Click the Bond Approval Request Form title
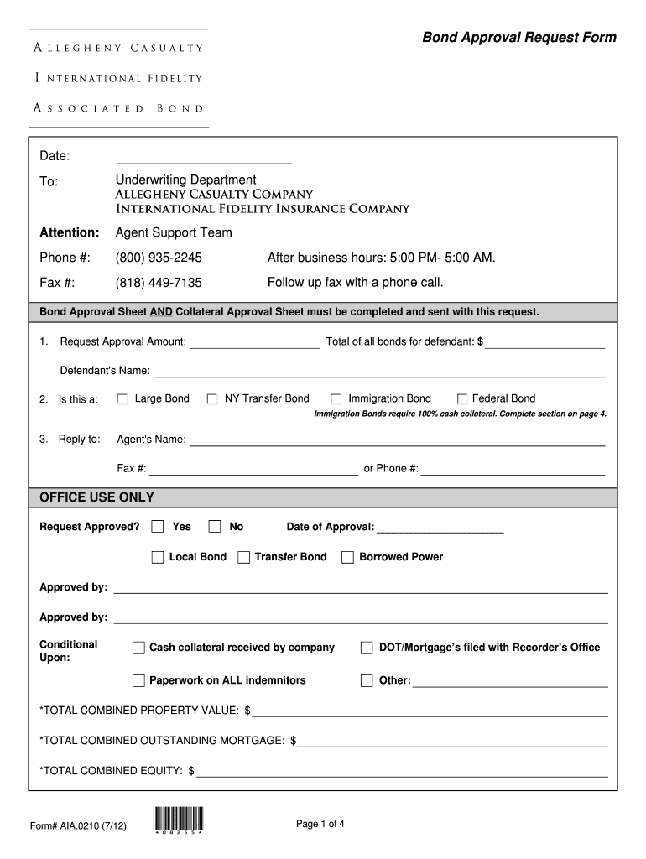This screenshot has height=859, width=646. (518, 38)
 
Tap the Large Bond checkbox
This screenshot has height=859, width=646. (122, 399)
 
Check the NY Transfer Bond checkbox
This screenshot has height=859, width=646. (212, 399)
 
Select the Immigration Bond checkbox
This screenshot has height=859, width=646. (336, 399)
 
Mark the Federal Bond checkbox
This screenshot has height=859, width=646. (462, 399)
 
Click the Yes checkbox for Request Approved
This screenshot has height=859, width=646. (158, 527)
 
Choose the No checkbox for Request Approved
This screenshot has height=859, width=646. (215, 527)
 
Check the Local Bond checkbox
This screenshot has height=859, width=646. (158, 557)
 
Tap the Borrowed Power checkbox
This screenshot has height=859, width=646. (347, 557)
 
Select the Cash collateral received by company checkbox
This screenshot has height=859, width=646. (138, 648)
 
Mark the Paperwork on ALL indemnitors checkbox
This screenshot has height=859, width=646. (138, 680)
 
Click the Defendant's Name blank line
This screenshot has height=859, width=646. (379, 371)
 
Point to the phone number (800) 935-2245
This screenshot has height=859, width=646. (159, 258)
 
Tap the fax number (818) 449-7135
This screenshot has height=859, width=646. (159, 283)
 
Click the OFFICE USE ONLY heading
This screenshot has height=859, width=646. (96, 497)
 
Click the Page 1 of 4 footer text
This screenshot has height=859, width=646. (320, 825)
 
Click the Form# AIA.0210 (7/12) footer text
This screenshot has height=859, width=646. (79, 826)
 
